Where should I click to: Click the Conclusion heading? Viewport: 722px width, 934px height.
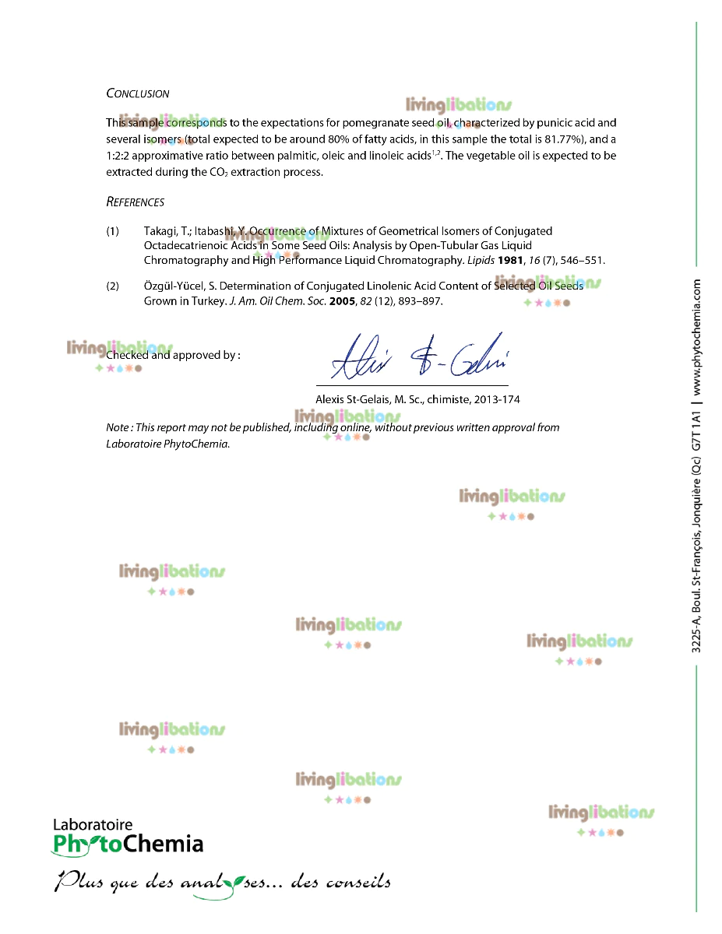coord(137,93)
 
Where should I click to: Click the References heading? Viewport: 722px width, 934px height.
coord(135,202)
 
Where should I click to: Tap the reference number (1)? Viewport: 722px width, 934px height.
coord(113,231)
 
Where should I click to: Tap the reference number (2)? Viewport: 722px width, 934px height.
coord(113,286)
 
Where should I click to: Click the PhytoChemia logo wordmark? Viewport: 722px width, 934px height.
coord(128,844)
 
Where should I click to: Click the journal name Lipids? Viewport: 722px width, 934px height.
coord(480,260)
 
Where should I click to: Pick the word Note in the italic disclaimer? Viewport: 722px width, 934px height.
coord(118,427)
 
